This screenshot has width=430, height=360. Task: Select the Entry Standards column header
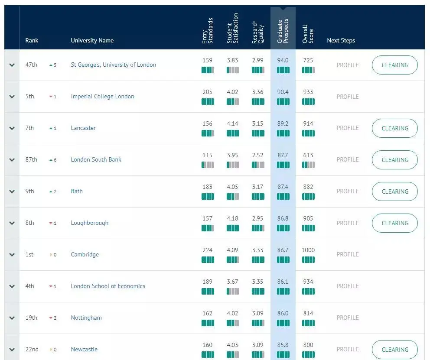208,31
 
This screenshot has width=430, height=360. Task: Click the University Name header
92,40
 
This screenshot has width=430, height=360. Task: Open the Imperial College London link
102,96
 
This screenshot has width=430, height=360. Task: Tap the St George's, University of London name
113,65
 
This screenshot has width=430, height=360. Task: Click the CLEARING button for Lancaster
394,128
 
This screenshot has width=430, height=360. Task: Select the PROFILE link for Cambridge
348,254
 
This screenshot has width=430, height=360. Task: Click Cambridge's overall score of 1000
308,250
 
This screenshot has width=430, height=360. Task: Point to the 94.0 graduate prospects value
283,60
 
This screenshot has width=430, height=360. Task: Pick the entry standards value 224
208,250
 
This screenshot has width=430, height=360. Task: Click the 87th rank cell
31,159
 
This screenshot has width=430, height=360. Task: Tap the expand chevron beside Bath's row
12,191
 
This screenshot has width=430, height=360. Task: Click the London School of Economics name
108,286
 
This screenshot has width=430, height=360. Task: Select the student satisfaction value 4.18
232,218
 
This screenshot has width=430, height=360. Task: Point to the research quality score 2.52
257,155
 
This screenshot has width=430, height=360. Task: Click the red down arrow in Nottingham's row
51,318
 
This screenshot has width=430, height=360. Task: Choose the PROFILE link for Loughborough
348,223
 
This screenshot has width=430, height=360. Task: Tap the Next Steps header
341,40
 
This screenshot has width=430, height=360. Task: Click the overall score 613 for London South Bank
308,155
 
